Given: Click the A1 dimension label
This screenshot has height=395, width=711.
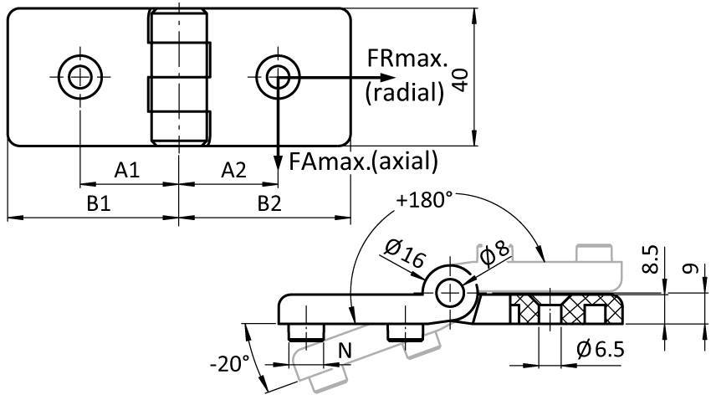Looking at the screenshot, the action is (x=127, y=170).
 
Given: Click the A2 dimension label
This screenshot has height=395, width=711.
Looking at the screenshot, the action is (x=233, y=170).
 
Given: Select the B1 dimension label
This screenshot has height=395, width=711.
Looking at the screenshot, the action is (x=99, y=203).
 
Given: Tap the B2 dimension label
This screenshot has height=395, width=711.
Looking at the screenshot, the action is (x=269, y=203).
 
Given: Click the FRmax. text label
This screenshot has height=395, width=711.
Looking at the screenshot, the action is (x=407, y=59).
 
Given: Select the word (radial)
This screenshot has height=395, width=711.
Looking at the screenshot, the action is (x=405, y=93).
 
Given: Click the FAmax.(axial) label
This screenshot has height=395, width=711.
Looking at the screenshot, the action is (x=364, y=161).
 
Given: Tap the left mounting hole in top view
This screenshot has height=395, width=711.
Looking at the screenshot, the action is (x=80, y=77).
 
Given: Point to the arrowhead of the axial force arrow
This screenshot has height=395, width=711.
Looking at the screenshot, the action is (x=278, y=162).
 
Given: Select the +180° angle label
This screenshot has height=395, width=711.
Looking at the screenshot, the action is (x=424, y=199).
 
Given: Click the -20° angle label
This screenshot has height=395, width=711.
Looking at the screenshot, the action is (x=230, y=364).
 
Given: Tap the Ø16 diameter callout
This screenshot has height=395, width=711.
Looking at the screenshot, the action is (x=405, y=253).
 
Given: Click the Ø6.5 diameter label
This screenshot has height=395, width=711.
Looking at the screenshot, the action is (x=601, y=349).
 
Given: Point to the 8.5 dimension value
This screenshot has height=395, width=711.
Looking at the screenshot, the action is (x=651, y=259).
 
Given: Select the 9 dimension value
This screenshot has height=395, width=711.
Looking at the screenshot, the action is (x=690, y=269).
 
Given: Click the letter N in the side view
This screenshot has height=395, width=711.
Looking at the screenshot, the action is (x=345, y=351).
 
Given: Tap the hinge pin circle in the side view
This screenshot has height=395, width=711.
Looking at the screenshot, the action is (x=450, y=294).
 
